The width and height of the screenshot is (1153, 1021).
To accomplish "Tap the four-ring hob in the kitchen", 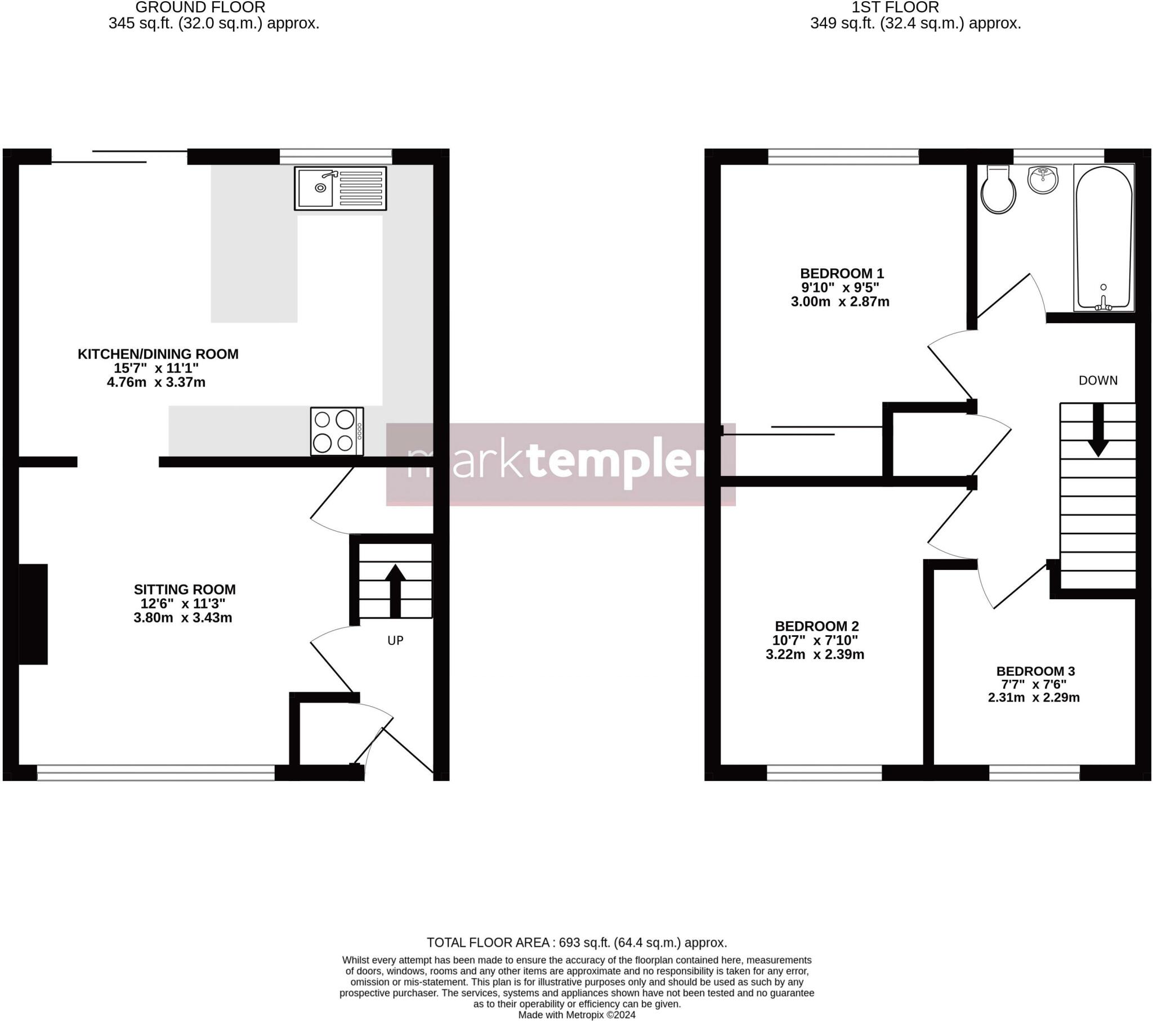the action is click(x=337, y=431).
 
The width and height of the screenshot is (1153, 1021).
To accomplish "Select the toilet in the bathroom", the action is click(x=998, y=190).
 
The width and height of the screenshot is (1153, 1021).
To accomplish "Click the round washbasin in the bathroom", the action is click(x=1043, y=180).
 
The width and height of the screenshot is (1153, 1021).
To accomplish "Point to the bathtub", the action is click(x=1103, y=238).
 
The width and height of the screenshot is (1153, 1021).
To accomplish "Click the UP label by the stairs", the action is click(x=395, y=640).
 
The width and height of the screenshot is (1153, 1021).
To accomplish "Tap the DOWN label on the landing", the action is click(x=1098, y=380).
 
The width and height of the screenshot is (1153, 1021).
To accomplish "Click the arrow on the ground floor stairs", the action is click(x=395, y=590).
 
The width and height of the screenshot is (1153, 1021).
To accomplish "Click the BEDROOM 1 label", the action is click(x=842, y=274).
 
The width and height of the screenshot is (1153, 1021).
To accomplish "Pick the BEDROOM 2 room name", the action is click(x=816, y=626).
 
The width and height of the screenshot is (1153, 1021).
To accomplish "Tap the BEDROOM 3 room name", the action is click(x=1035, y=671).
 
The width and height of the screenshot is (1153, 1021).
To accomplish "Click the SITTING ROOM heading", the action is click(x=185, y=589).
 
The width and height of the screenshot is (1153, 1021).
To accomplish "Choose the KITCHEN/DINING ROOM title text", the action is click(x=158, y=354).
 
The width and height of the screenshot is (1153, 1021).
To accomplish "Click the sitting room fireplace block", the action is click(x=33, y=614).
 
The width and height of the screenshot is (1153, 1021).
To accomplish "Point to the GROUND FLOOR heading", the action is click(x=200, y=7).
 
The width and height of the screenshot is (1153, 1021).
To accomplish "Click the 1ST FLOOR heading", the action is click(x=895, y=7).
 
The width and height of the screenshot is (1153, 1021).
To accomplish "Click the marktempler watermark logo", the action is click(x=561, y=464).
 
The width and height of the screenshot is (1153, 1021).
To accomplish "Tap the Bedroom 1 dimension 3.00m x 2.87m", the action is click(x=840, y=301).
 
